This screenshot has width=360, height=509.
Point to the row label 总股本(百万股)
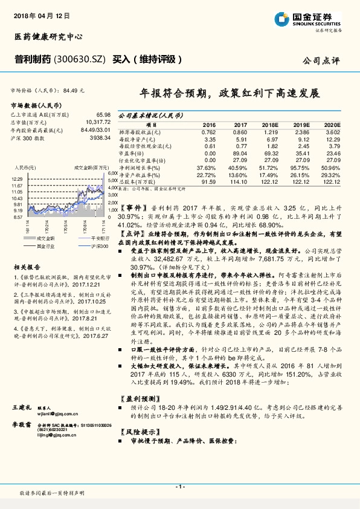[138, 181]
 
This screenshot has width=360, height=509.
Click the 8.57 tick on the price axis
[18, 216]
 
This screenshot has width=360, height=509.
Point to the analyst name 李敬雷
[22, 426]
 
